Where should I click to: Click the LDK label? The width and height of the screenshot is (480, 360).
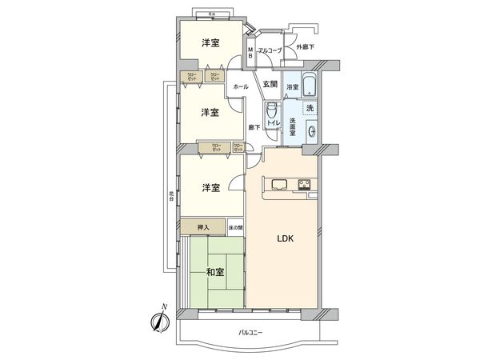tap(286, 238)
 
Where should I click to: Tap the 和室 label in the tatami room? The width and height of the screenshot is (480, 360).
tap(214, 272)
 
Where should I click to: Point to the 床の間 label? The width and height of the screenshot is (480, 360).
tap(235, 228)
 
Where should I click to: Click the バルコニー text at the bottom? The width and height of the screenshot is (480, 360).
tap(250, 331)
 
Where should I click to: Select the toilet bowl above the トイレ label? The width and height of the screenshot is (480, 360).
tap(272, 109)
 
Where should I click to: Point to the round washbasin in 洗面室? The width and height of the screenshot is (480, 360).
tap(310, 134)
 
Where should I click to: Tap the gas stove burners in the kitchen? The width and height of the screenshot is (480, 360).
tap(306, 186)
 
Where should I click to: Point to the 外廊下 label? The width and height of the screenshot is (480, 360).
tap(305, 48)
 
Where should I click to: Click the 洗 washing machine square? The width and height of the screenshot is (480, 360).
tap(310, 108)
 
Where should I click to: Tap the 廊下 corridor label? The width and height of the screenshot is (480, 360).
tap(254, 127)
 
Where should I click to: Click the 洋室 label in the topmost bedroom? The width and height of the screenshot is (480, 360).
tap(210, 42)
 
